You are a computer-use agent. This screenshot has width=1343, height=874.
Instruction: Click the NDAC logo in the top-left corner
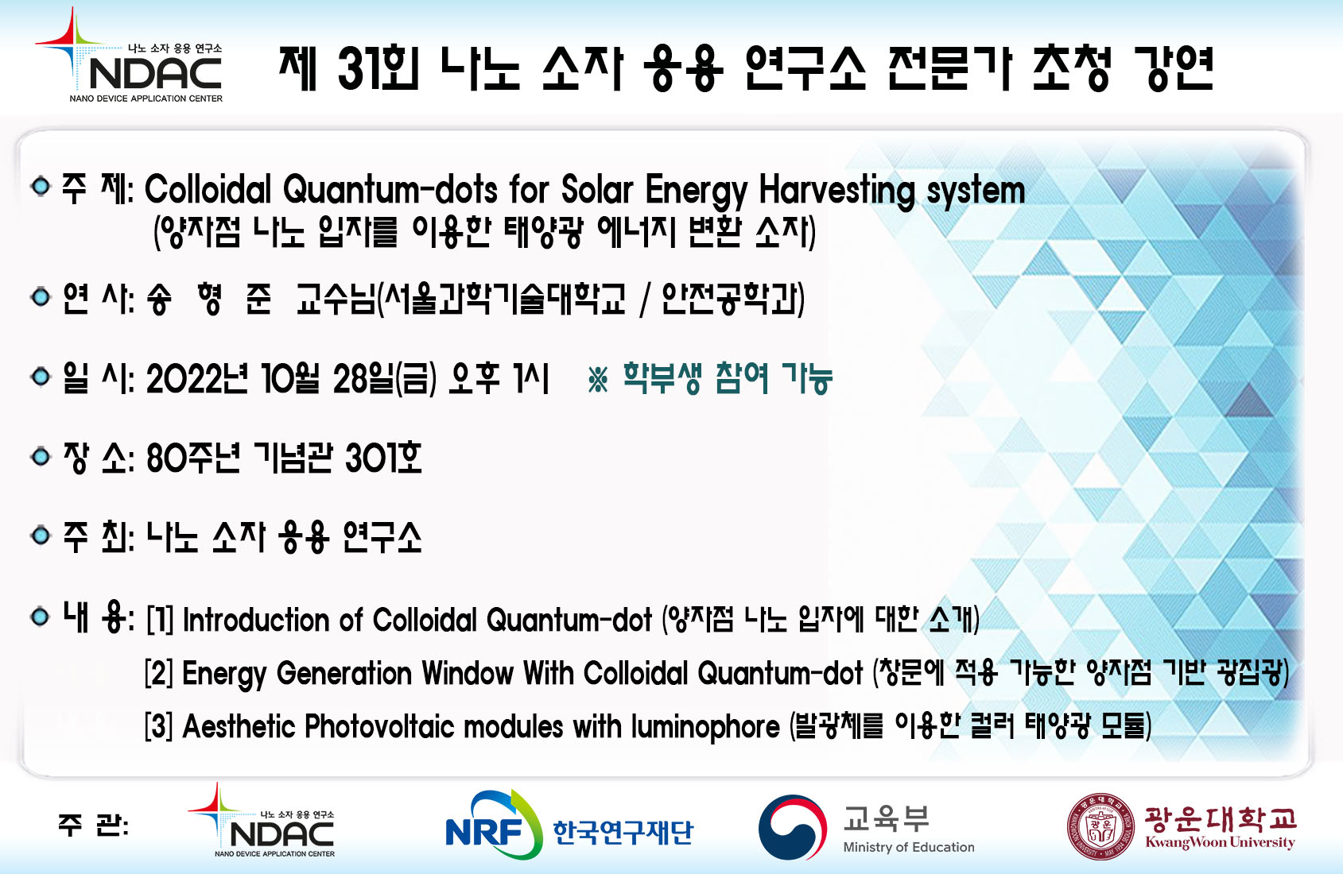[x=129, y=56]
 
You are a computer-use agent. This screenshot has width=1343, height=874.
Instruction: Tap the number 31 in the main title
[x=357, y=69]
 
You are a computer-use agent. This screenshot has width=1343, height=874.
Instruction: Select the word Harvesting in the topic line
[x=837, y=191]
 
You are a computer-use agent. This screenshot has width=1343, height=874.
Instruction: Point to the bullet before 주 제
[x=41, y=186]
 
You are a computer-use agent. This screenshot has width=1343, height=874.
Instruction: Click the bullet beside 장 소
[x=41, y=457]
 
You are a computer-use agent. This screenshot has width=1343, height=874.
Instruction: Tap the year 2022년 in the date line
[x=196, y=378]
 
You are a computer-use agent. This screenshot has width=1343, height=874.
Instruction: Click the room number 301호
[x=383, y=458]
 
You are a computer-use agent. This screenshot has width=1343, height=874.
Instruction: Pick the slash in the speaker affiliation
[x=644, y=300]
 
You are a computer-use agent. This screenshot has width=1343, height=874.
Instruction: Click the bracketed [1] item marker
[x=160, y=620]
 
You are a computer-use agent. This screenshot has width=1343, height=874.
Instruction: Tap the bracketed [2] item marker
[x=159, y=673]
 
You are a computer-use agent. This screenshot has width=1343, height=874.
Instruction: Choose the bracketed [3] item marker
[x=159, y=726]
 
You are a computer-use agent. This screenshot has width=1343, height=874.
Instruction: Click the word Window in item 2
[x=468, y=673]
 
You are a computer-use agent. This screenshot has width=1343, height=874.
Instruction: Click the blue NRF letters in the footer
[x=485, y=831]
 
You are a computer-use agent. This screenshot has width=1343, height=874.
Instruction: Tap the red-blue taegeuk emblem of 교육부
[x=793, y=827]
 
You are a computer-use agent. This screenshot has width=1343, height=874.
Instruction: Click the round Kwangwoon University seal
[x=1100, y=826]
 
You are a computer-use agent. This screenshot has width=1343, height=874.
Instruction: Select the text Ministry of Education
[x=909, y=847]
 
